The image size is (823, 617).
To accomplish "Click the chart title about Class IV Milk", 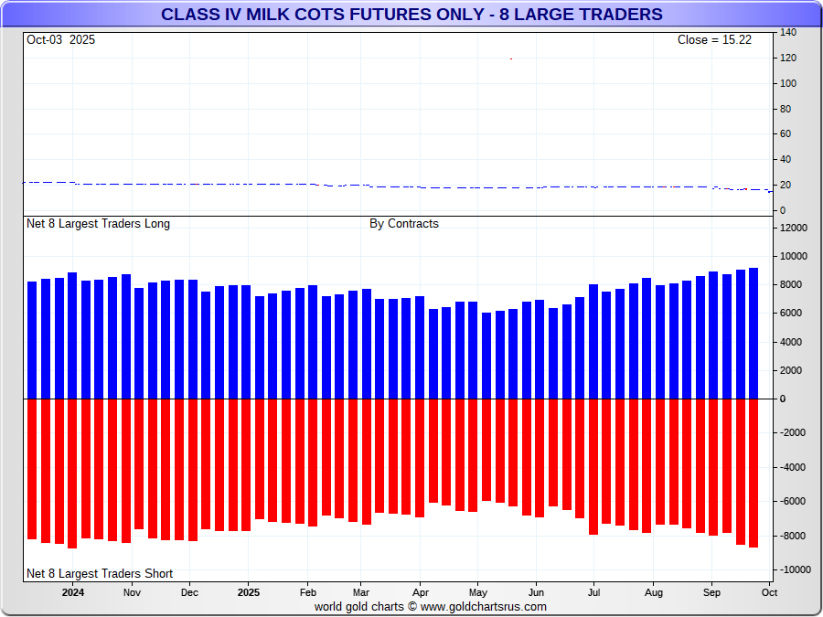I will tap(411, 15).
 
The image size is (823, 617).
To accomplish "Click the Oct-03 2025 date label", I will tap(60, 39).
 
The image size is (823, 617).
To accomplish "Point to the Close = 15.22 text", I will tap(714, 39).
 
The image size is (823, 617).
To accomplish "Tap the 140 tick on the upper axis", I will tap(788, 33).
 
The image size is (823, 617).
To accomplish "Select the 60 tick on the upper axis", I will tap(786, 134).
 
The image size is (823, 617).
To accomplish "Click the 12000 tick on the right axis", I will tap(793, 228).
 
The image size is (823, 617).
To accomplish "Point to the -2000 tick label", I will tap(792, 433).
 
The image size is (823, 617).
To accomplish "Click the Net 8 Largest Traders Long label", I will tap(98, 224).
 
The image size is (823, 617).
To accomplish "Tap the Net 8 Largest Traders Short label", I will tap(100, 574).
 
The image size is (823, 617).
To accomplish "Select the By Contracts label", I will tap(404, 224).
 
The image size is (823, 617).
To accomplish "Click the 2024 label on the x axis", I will tap(73, 592).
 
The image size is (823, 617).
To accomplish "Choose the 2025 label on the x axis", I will tap(249, 592).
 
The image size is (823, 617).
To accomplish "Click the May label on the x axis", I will tap(478, 592).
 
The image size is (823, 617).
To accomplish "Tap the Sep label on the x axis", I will tap(711, 592).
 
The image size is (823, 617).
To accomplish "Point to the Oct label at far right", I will tap(769, 592).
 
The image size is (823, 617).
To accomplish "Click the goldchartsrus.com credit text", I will tap(431, 606).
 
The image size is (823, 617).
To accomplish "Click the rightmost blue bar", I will tap(754, 334).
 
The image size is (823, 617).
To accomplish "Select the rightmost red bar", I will tap(754, 473).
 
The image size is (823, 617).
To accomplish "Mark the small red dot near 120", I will tap(511, 59).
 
